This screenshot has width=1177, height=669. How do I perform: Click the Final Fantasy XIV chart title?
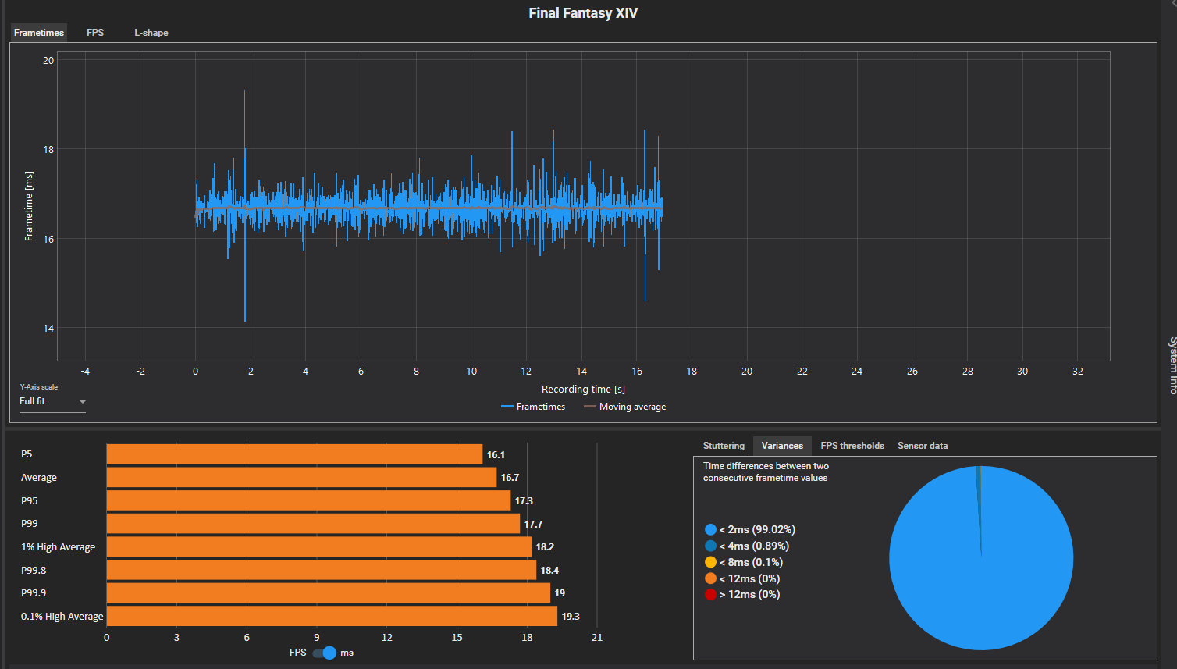583,13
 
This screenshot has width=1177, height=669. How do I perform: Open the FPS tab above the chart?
95,33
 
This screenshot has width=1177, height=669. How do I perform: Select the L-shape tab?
151,33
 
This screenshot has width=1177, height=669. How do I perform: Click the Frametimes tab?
39,33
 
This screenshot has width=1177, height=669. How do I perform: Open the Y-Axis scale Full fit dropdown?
52,402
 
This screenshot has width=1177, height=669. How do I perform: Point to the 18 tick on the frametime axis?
48,150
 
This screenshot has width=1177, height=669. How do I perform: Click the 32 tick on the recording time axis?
1077,372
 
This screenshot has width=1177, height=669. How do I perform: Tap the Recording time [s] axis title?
583,390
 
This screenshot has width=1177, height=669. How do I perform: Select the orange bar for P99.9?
328,593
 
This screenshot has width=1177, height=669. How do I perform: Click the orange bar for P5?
294,454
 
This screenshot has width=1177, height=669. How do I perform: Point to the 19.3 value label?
571,617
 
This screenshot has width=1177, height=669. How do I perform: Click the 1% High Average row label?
58,547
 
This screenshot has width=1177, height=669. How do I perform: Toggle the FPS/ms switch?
325,653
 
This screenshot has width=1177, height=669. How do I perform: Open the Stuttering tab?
724,446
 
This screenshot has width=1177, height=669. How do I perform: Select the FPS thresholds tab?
852,446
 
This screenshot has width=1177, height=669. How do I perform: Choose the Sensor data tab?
923,446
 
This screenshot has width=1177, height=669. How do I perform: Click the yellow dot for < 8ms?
710,562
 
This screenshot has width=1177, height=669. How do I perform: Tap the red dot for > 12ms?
710,595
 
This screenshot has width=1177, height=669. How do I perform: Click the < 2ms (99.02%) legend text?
757,530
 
